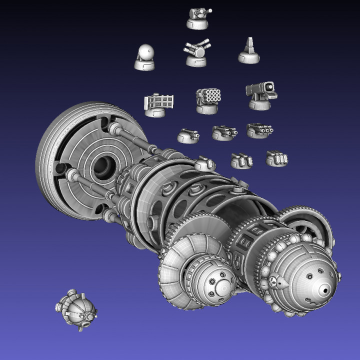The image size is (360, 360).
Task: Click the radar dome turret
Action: point(145,56)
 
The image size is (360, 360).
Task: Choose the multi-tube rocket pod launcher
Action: point(208,98)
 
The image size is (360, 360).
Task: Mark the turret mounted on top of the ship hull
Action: point(204,163)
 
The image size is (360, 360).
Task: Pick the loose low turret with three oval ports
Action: point(276,158)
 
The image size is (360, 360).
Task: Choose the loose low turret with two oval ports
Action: point(241,160)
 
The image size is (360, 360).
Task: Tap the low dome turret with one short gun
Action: point(187,135)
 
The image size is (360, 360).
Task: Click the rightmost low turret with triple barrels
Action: point(259,130)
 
